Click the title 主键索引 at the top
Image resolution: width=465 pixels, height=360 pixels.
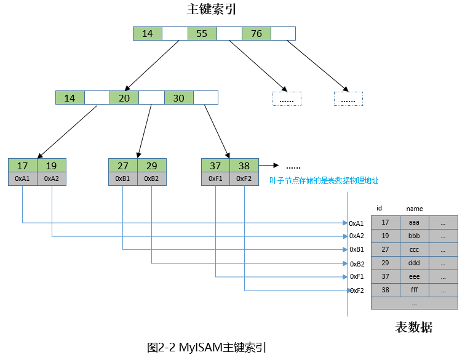211,9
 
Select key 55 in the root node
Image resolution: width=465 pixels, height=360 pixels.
202,33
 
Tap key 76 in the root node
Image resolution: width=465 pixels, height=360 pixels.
256,33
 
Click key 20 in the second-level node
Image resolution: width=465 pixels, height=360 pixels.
124,98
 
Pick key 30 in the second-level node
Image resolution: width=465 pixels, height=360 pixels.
179,98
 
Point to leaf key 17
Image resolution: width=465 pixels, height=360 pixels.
23,166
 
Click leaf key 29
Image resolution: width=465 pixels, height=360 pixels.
152,166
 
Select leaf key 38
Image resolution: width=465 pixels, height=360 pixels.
244,166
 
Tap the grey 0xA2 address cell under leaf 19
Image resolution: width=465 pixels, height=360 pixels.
52,178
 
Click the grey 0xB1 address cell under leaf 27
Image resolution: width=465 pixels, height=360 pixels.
123,178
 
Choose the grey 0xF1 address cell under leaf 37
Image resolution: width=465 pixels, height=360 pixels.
216,178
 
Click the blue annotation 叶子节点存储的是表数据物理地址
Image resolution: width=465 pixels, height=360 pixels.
324,180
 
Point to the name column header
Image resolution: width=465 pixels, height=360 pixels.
415,209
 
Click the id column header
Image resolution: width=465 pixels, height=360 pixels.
379,209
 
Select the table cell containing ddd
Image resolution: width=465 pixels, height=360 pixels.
415,263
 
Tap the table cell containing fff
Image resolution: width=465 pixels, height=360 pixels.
415,290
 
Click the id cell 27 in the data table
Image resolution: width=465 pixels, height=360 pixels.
385,249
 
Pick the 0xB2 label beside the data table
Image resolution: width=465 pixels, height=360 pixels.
357,264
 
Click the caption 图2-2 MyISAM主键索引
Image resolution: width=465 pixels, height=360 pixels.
207,347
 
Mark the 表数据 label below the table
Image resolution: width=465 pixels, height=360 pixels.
413,327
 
